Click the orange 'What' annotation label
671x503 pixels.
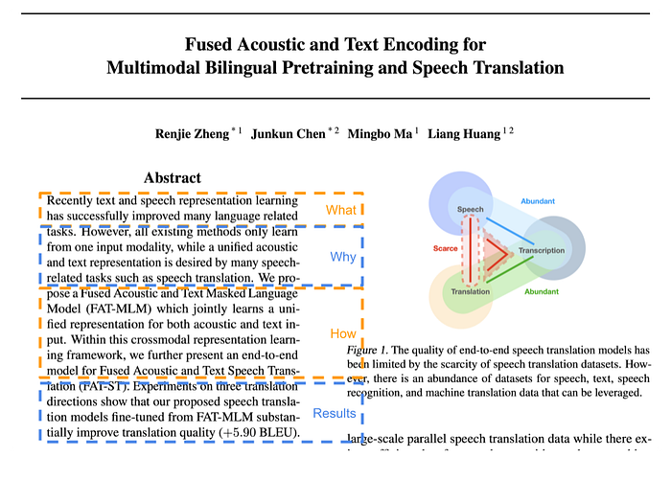[340, 210]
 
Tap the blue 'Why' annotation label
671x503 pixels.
[342, 257]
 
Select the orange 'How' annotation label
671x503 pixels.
[342, 333]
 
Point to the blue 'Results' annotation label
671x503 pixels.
[335, 414]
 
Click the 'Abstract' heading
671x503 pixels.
[173, 177]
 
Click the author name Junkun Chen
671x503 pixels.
[288, 133]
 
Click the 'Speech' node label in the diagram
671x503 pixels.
[471, 209]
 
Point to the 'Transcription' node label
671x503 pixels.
[542, 251]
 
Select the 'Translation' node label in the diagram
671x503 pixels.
[470, 291]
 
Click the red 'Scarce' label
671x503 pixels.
[445, 249]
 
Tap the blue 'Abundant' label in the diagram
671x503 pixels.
[538, 201]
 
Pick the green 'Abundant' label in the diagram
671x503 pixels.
[542, 290]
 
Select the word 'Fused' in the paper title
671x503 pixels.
[208, 44]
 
